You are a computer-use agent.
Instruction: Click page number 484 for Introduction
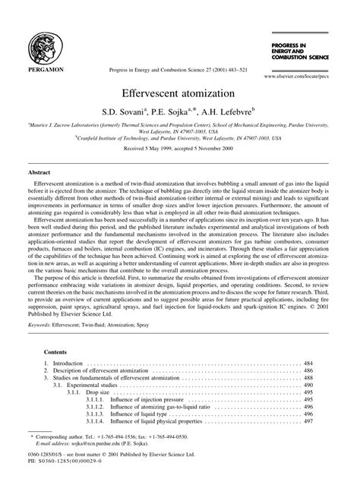tap(308, 365)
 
